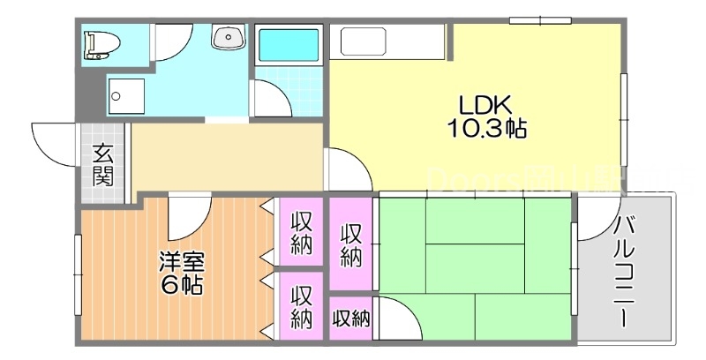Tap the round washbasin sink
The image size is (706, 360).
click(x=227, y=37)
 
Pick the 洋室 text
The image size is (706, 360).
click(x=181, y=261)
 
